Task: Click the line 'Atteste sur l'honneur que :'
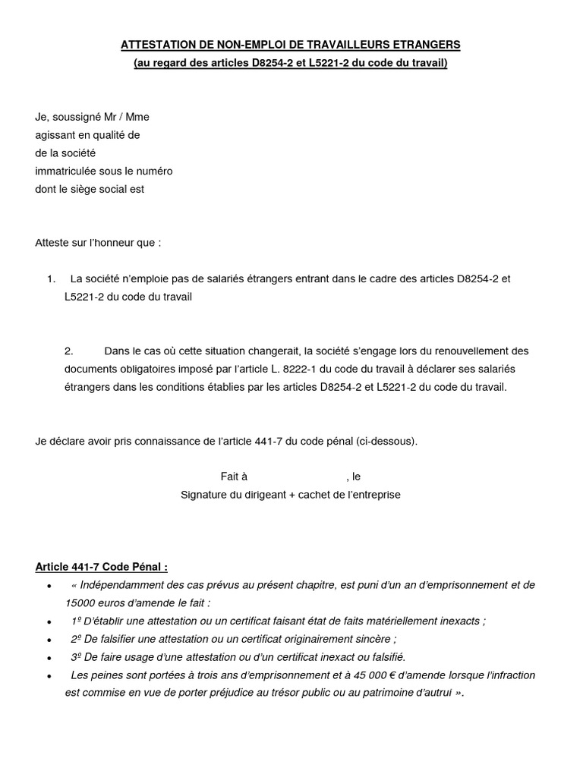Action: point(98,244)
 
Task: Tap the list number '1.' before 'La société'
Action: point(51,279)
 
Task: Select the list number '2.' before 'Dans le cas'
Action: point(68,351)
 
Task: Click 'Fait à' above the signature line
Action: point(234,477)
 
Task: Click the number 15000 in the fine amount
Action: point(80,602)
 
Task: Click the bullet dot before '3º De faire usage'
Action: point(49,658)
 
